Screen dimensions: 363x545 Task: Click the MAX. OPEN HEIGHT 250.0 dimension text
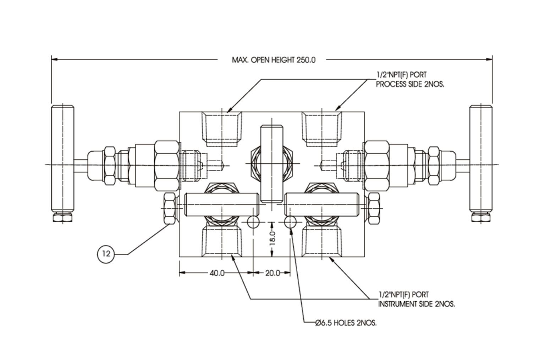click(x=273, y=60)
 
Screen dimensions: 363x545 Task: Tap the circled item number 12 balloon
click(x=106, y=253)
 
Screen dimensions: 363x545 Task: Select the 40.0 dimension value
click(x=217, y=273)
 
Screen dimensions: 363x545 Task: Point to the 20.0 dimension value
click(x=272, y=273)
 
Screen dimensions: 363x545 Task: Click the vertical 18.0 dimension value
click(x=272, y=238)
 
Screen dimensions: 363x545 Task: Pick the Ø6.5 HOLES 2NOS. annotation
click(x=346, y=323)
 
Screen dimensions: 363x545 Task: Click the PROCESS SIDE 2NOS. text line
click(x=410, y=85)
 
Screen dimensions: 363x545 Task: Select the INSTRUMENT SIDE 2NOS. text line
click(x=416, y=304)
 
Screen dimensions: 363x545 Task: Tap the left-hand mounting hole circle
click(x=253, y=222)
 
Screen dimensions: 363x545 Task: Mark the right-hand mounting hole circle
click(x=290, y=222)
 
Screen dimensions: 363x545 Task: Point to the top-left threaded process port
click(x=222, y=128)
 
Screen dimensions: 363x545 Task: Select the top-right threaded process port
click(x=322, y=128)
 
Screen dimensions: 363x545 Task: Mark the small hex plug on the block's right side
click(x=374, y=208)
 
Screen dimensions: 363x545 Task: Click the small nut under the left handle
click(x=63, y=217)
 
